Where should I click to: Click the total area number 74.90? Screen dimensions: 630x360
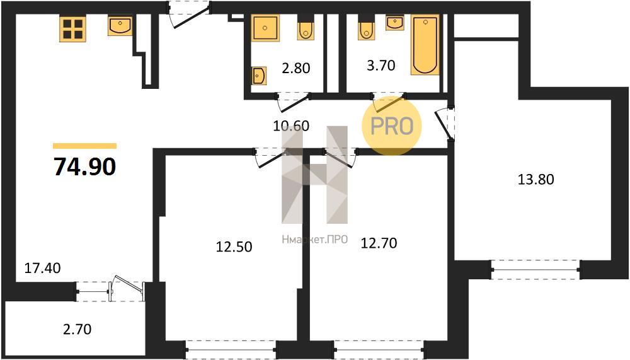click(85, 166)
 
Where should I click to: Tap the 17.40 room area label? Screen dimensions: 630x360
click(43, 268)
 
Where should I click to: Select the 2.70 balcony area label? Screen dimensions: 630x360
click(77, 330)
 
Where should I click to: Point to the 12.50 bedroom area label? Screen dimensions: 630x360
click(234, 247)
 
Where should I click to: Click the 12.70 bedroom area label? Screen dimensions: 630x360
click(379, 243)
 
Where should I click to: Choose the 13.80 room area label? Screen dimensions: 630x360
click(535, 179)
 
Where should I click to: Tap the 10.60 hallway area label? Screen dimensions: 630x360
click(291, 126)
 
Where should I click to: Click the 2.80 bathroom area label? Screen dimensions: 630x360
click(295, 68)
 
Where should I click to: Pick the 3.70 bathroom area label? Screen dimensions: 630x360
click(381, 65)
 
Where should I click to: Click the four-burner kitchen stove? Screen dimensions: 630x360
click(72, 29)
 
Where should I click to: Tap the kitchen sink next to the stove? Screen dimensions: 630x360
click(120, 26)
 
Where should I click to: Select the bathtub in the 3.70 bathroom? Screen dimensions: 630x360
click(425, 45)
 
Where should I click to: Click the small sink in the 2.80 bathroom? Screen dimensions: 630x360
click(259, 75)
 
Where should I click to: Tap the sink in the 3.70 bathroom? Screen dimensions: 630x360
click(395, 23)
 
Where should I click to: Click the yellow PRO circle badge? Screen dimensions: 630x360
click(392, 126)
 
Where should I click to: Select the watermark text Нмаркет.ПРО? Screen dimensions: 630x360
click(314, 240)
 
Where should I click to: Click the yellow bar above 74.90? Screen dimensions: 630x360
click(85, 146)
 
